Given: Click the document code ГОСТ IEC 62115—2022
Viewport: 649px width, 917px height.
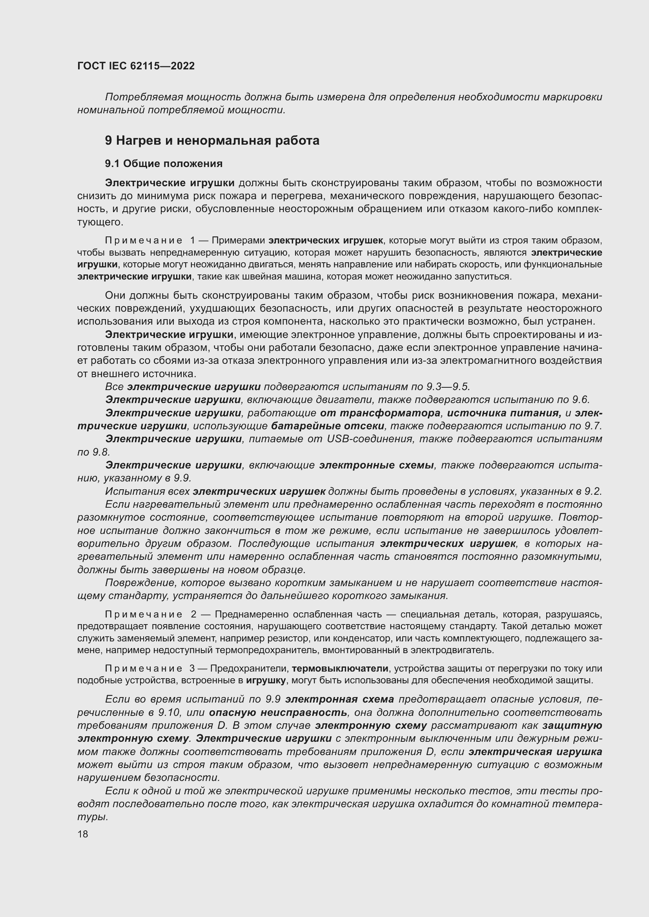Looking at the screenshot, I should click(x=136, y=66).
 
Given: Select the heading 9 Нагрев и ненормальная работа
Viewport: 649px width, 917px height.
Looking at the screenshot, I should click(x=212, y=141).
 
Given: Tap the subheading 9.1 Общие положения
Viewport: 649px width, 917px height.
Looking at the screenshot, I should click(x=164, y=164).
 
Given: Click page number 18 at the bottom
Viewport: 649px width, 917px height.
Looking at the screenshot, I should click(x=83, y=834).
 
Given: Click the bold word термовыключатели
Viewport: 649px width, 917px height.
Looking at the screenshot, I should click(x=340, y=668).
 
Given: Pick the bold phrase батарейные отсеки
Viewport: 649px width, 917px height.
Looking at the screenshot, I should click(x=327, y=426).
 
